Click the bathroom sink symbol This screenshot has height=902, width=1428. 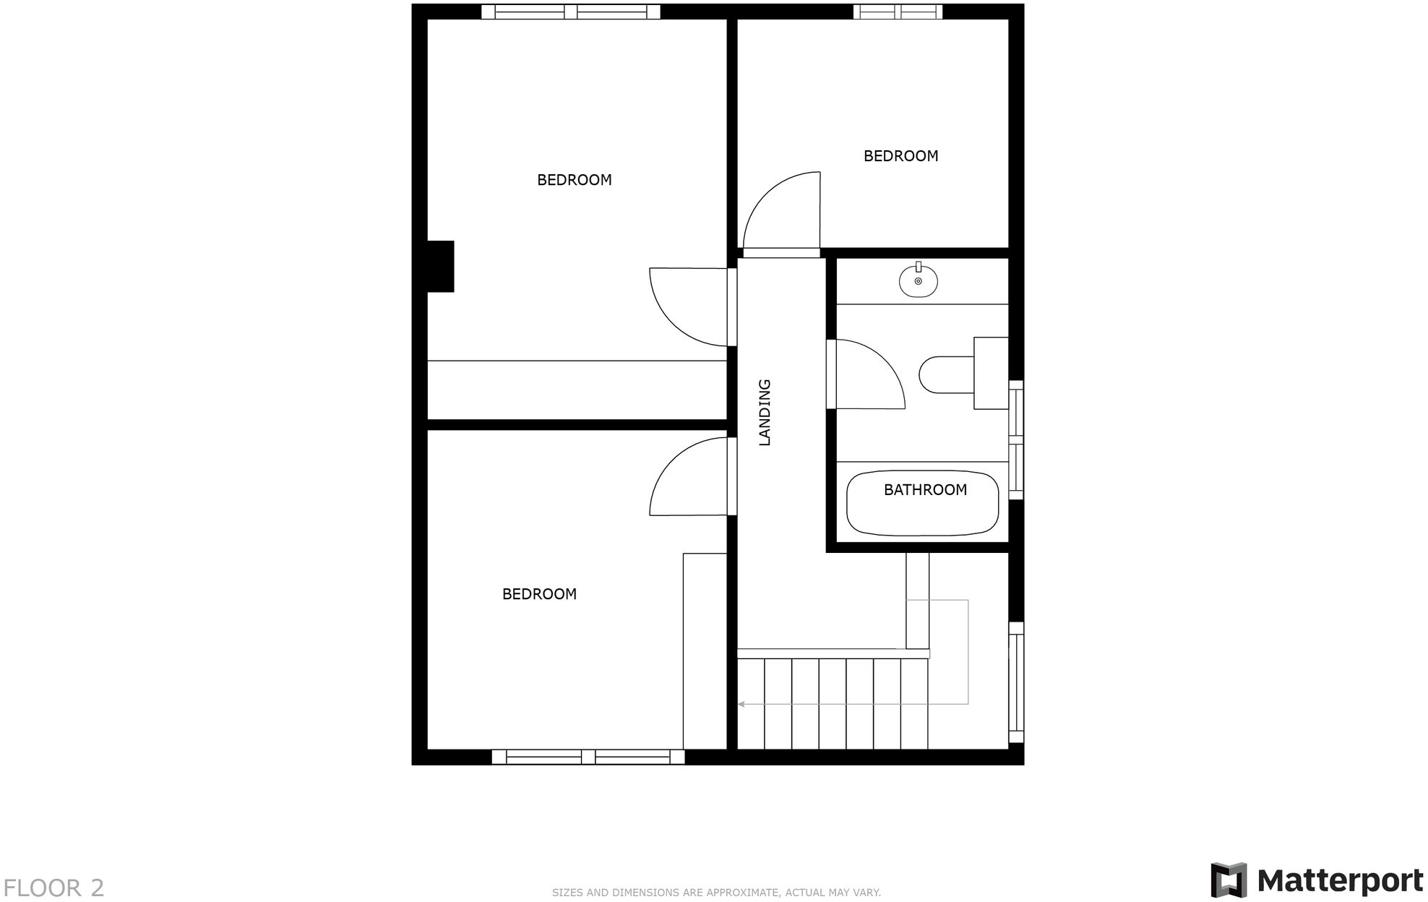(919, 280)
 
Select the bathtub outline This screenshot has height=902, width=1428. (923, 504)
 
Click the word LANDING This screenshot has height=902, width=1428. (765, 412)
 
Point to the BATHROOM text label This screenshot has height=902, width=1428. (925, 489)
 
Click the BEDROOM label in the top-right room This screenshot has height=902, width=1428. (900, 155)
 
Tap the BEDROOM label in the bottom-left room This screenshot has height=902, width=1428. (539, 593)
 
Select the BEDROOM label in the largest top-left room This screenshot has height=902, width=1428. (574, 179)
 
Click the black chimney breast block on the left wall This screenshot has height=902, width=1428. (440, 266)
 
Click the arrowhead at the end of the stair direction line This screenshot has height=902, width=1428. (741, 703)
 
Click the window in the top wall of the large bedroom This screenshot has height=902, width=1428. (571, 12)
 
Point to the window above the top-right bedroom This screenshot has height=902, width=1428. (898, 12)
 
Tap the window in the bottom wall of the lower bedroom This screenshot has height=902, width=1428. (588, 757)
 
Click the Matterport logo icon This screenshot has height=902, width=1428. (1229, 880)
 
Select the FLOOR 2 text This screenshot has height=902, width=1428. (53, 888)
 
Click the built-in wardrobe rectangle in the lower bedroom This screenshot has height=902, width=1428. (705, 650)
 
